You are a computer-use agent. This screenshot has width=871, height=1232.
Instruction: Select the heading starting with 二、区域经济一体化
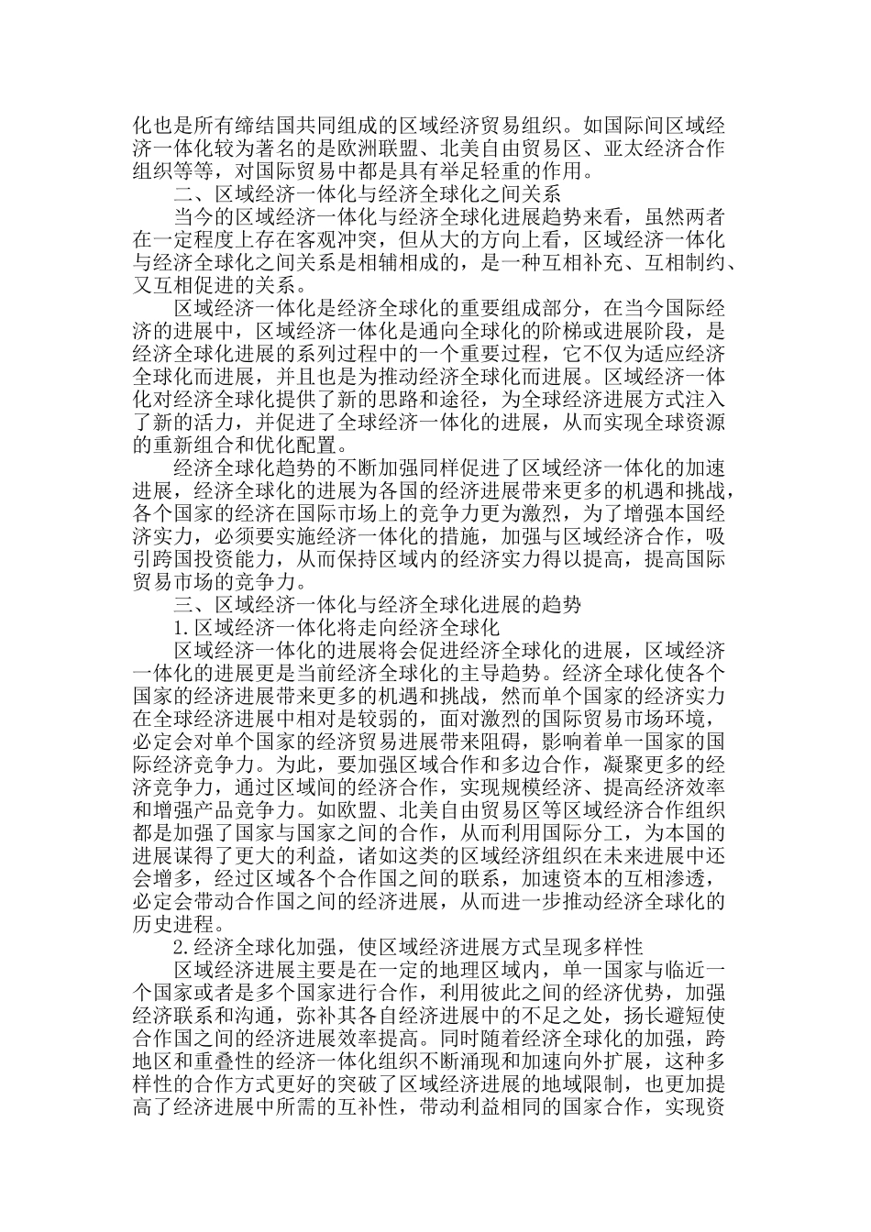coord(367,194)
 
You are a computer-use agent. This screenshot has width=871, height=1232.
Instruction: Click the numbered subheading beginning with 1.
coord(336,628)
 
